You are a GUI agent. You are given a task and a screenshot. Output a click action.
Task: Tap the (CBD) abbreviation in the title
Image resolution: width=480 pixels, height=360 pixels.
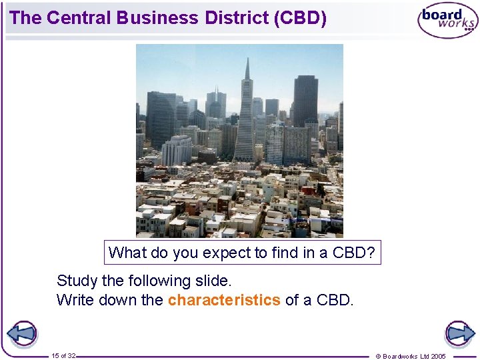click(x=300, y=18)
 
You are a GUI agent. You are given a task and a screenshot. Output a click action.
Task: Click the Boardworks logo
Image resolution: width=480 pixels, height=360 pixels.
click(x=448, y=21)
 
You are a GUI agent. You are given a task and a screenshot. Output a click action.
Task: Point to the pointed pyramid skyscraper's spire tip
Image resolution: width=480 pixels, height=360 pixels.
click(x=247, y=59)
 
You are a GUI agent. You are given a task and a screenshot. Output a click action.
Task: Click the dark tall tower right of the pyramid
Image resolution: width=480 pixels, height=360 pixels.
click(x=305, y=100)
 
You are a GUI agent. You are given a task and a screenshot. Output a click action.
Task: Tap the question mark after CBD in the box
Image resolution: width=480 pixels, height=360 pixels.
click(x=371, y=253)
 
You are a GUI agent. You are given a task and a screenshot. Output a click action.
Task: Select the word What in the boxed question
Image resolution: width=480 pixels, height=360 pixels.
click(x=125, y=253)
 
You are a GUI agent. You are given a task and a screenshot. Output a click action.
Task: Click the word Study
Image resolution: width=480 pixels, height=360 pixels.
click(x=76, y=281)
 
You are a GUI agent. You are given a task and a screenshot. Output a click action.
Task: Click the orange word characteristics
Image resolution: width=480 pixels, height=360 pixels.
click(x=224, y=300)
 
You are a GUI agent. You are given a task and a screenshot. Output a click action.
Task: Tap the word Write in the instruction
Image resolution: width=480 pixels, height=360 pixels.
click(x=75, y=300)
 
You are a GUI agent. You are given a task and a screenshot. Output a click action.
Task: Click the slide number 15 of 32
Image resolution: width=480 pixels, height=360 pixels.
click(x=63, y=355)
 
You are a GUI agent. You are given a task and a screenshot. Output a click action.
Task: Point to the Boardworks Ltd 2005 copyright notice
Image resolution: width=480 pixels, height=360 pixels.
click(x=411, y=356)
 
